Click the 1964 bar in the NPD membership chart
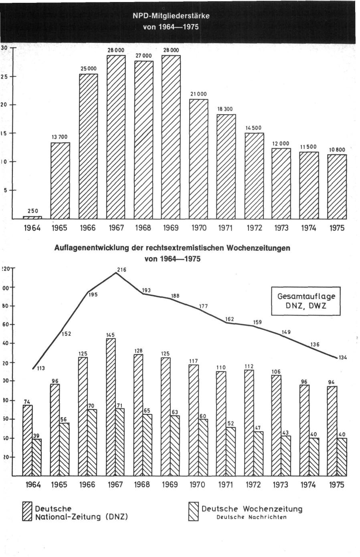tap(32, 217)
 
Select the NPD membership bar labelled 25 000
tap(89, 146)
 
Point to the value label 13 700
tap(59, 137)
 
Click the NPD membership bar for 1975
tap(337, 186)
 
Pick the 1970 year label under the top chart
tap(198, 228)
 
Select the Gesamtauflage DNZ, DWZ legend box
tap(306, 301)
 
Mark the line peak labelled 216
tap(116, 272)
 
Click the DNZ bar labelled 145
tap(111, 407)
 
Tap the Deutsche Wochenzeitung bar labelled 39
tap(37, 457)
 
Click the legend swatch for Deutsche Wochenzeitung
tap(194, 513)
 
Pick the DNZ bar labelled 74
tap(27, 440)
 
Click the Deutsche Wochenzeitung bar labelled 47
tap(259, 454)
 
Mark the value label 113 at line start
tap(41, 369)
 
